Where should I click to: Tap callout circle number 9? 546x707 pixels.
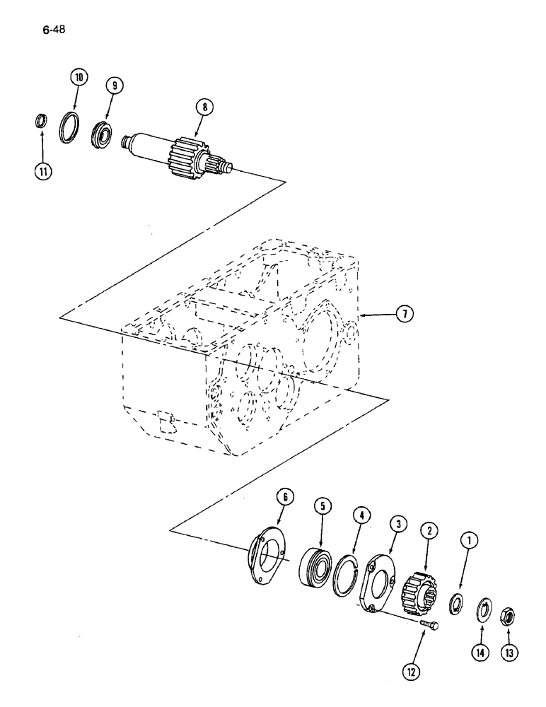coord(112,85)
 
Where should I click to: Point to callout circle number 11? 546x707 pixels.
coord(44,173)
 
